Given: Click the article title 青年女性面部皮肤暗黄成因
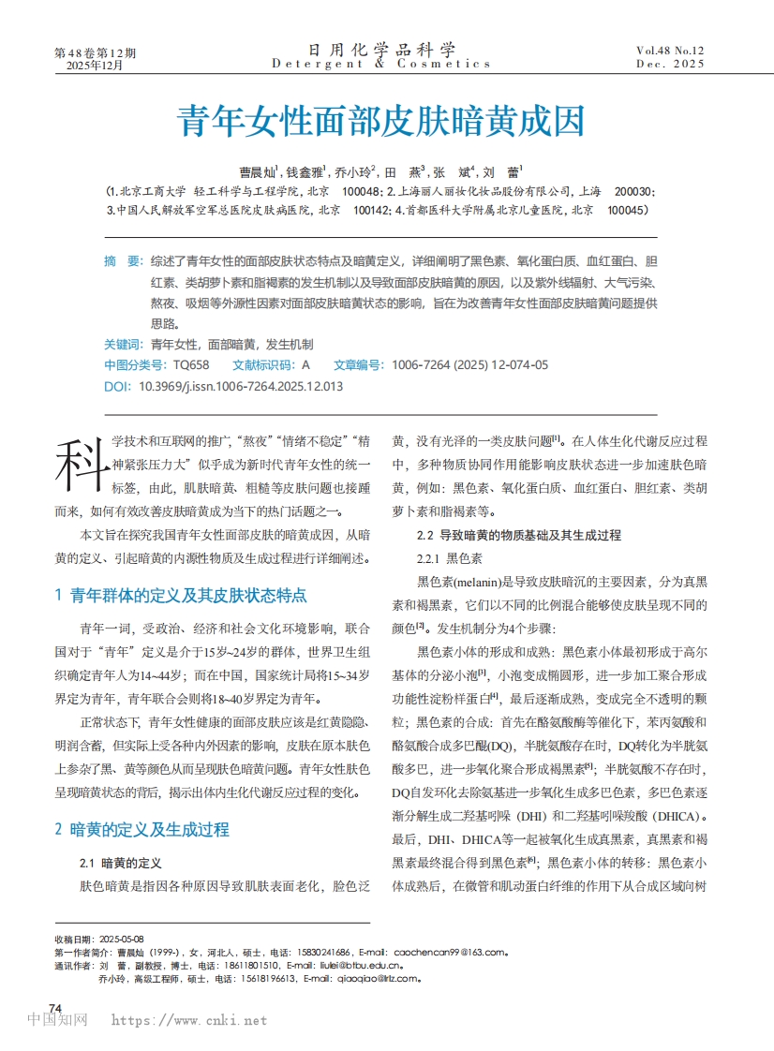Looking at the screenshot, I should (381, 122).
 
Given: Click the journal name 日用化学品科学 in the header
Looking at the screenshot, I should (381, 50).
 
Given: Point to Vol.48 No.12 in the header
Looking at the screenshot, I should (670, 50).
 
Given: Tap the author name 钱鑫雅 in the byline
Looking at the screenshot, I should (305, 172).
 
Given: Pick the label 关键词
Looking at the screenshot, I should (123, 345).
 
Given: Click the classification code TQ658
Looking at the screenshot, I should (191, 364).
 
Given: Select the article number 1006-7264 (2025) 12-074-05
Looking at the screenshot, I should (470, 364).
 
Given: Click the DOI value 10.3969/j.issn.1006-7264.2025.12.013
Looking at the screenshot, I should (240, 385).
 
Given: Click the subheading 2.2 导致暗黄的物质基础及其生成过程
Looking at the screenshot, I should (518, 536).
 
